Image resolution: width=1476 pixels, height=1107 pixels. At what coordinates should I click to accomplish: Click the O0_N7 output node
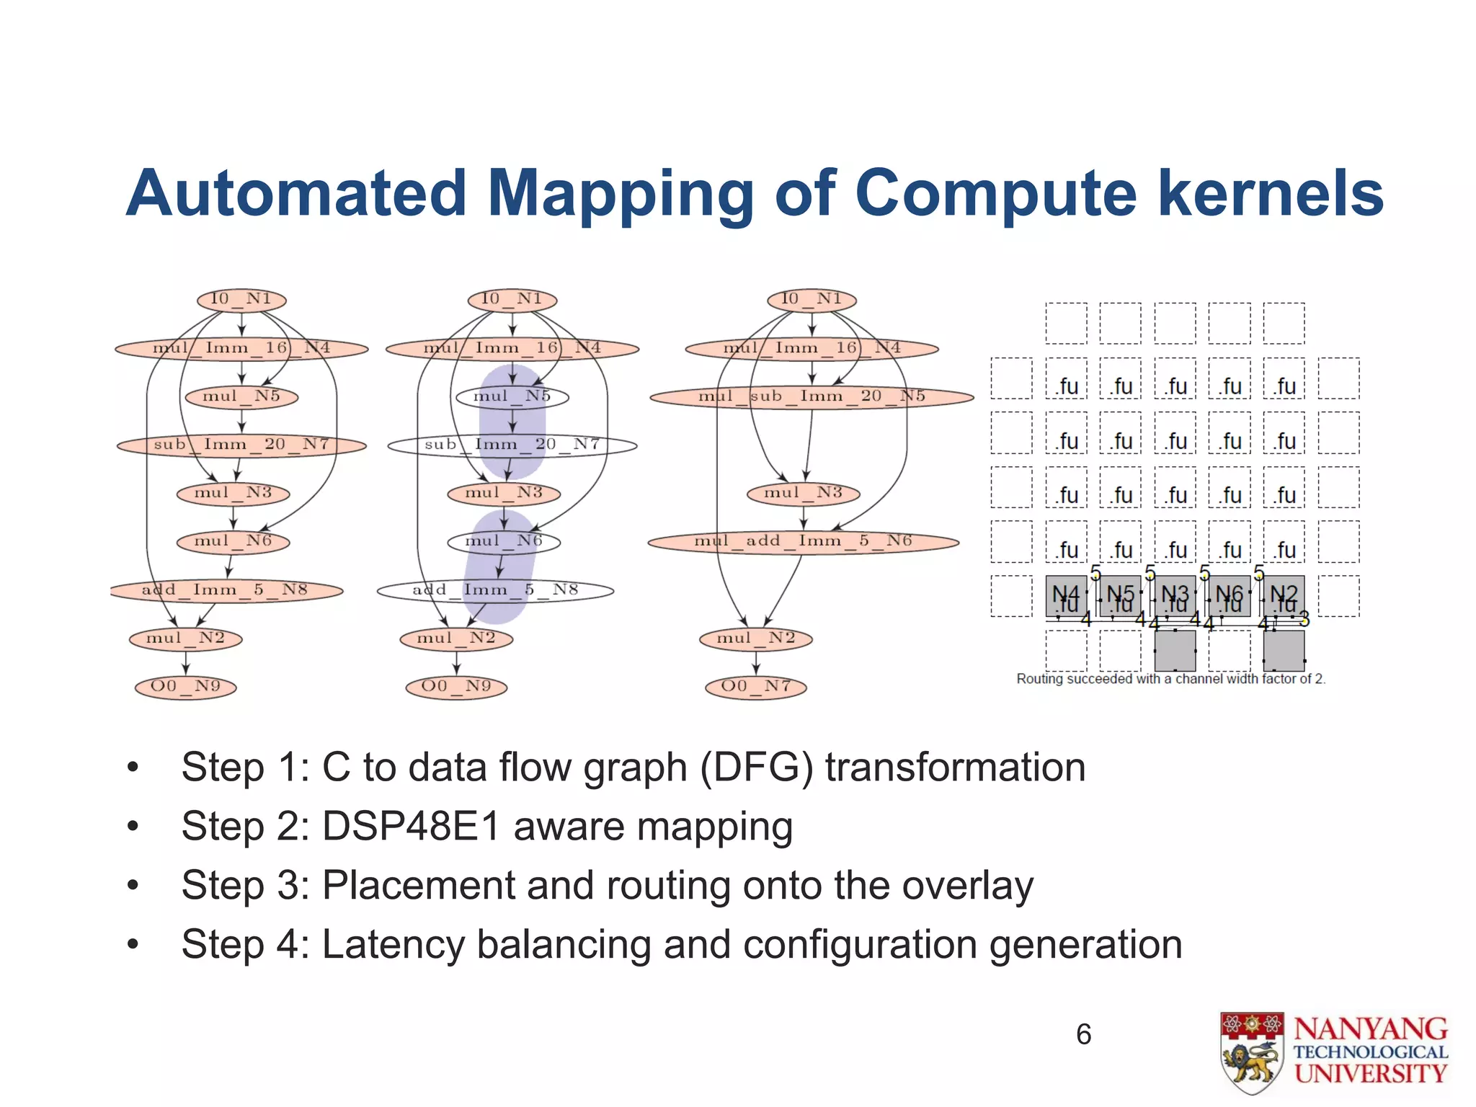tap(755, 686)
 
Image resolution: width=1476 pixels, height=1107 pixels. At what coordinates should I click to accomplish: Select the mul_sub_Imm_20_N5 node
tap(812, 396)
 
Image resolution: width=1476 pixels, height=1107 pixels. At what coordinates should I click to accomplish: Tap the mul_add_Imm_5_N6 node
tap(803, 541)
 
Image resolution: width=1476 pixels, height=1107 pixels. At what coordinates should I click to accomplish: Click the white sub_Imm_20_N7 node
tap(512, 445)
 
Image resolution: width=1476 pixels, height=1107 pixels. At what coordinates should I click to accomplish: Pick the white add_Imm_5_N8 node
tap(495, 590)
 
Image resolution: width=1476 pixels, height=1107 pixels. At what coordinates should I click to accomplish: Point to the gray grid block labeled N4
tap(1066, 596)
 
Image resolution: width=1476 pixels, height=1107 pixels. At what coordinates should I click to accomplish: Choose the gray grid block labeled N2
tap(1284, 596)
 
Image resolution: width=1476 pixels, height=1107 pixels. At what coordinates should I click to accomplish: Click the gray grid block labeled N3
tap(1175, 596)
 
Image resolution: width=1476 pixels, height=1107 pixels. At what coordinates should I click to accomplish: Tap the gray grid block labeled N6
tap(1229, 596)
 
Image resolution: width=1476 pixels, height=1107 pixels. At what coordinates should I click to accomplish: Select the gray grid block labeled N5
tap(1121, 596)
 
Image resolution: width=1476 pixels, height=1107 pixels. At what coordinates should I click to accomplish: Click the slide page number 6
tap(1083, 1034)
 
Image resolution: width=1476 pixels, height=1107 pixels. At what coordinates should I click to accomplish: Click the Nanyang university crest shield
tap(1252, 1052)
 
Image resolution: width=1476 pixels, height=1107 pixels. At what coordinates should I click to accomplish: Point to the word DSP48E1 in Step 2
tap(412, 827)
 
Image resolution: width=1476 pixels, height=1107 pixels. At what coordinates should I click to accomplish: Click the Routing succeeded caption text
tap(1170, 679)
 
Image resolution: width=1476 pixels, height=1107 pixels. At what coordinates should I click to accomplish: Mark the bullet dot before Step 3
tap(133, 886)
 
